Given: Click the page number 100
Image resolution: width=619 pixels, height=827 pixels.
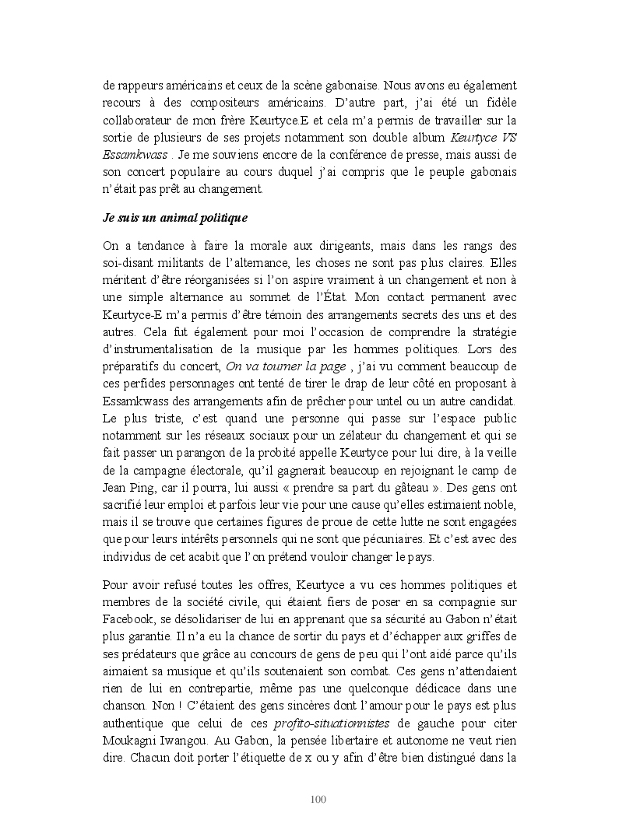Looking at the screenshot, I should [x=317, y=799].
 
